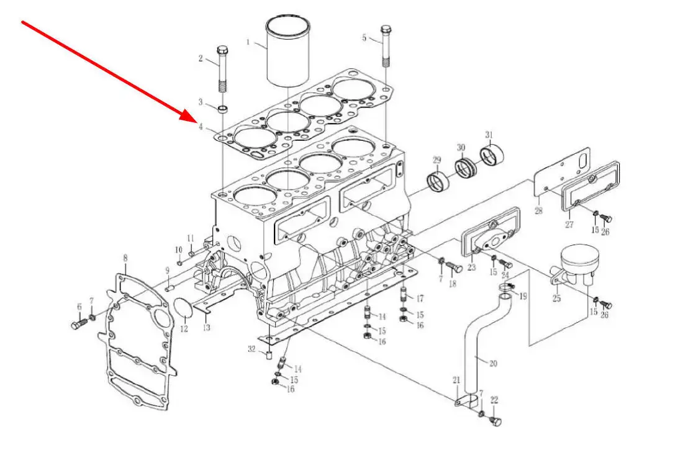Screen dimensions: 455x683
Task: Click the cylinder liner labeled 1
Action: pos(287,52)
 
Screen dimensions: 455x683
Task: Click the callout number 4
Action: pos(201,127)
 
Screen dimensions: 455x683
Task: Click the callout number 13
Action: pos(207,327)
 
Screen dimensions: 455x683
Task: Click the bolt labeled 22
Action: pos(494,421)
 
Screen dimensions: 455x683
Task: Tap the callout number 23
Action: pos(472,268)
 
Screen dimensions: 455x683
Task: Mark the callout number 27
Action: pos(569,225)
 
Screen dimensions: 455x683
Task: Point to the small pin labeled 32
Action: pos(268,355)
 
